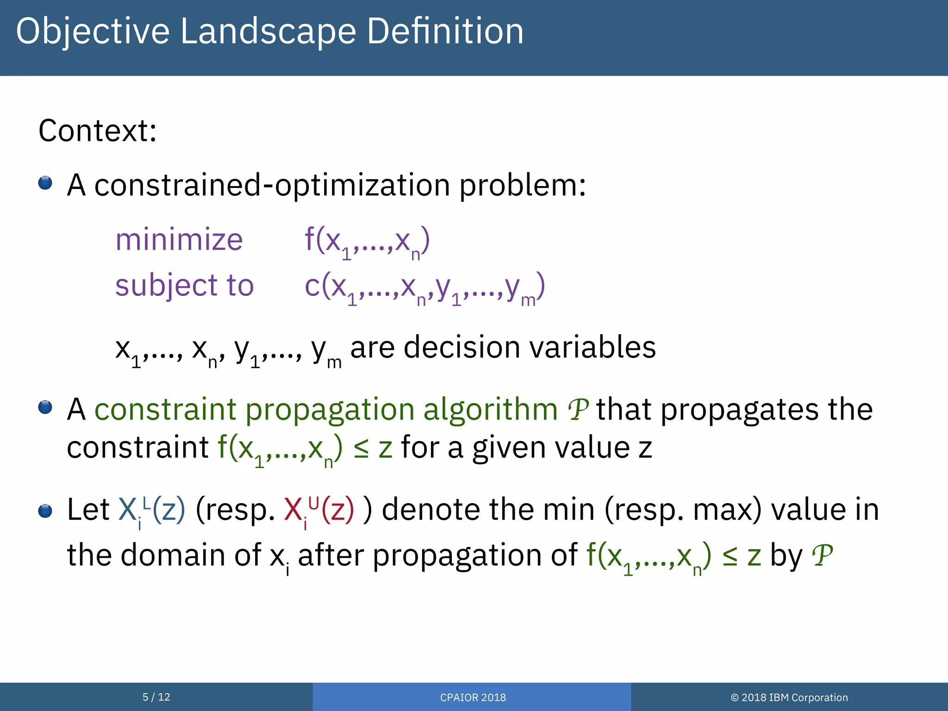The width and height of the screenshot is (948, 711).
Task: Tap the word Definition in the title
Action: (445, 31)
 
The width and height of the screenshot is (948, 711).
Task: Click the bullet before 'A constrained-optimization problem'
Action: (45, 183)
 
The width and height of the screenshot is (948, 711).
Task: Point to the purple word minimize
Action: (179, 240)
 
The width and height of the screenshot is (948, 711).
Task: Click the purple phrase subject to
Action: (184, 285)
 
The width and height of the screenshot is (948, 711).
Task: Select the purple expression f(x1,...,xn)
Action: (367, 242)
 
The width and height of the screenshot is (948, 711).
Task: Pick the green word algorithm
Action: (490, 409)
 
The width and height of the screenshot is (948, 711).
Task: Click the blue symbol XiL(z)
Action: (152, 510)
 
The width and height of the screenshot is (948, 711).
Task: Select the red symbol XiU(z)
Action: (319, 510)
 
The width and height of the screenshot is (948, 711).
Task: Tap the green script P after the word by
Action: (822, 555)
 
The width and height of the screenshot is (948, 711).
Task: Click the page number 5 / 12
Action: (156, 697)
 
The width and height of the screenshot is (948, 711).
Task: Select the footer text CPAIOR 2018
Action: (473, 698)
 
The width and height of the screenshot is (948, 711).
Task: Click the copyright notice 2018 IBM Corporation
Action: (789, 698)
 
